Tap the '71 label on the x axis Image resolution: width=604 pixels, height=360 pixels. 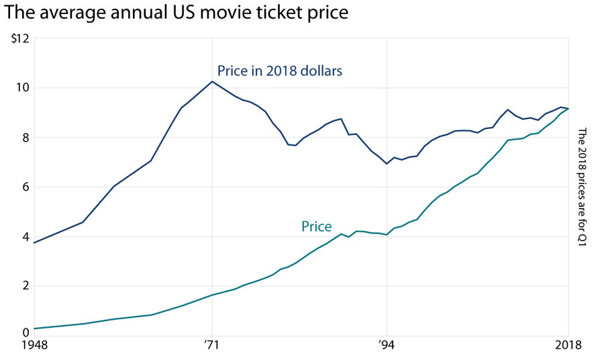(x=212, y=346)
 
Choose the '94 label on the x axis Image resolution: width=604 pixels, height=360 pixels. (x=386, y=346)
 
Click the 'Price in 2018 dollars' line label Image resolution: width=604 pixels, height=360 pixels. (x=280, y=71)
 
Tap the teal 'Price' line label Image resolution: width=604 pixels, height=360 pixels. (x=317, y=227)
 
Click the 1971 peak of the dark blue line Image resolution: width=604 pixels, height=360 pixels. (x=212, y=81)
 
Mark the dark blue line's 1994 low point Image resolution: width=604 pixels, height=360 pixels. (x=387, y=164)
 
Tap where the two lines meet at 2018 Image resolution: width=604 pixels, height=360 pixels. (x=568, y=109)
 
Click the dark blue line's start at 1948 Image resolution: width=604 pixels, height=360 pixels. (x=33, y=242)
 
